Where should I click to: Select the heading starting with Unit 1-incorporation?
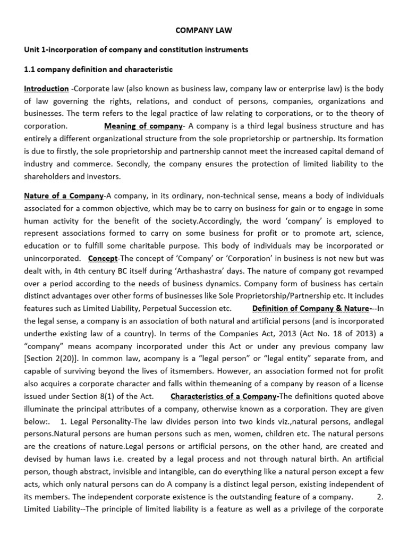coord(136,50)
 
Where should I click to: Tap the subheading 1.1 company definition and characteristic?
coord(98,70)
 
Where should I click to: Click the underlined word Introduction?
coord(46,89)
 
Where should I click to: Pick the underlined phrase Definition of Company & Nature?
coord(311,308)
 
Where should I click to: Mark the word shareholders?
coord(46,176)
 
